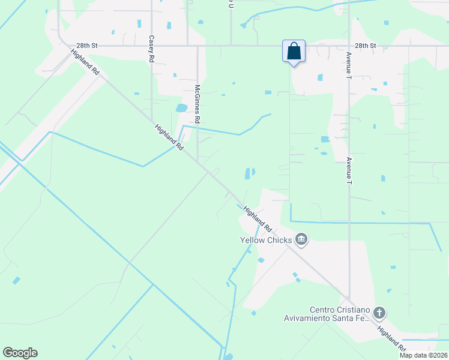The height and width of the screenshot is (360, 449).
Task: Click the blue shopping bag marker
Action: point(294,51)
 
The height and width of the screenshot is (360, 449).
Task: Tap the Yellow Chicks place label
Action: point(266,241)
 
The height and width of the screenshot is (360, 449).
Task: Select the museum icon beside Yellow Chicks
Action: point(302,241)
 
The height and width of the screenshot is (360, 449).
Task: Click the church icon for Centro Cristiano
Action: point(379,313)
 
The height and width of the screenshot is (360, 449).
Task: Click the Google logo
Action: point(20,353)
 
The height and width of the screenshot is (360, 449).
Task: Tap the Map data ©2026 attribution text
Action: point(423,355)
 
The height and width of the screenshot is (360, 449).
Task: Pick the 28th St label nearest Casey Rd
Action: point(86,46)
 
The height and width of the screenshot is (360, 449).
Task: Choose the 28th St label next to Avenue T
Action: point(365,46)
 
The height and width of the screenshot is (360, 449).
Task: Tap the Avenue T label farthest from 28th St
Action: point(349,170)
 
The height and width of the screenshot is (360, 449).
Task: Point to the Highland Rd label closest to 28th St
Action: point(85,62)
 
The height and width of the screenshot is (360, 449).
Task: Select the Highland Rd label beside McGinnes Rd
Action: point(169,137)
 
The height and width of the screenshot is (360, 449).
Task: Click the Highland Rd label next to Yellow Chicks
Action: point(258,219)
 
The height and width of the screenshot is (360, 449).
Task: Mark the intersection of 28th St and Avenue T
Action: point(349,46)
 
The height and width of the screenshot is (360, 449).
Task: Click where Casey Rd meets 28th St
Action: point(151,46)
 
